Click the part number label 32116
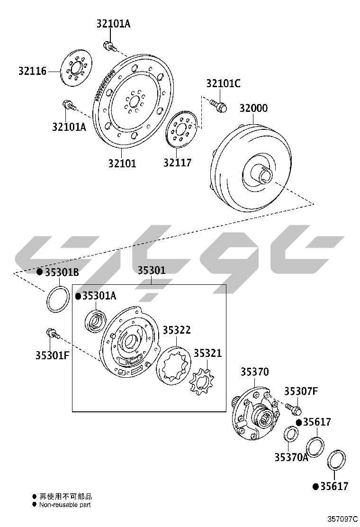click(32, 71)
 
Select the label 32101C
click(223, 83)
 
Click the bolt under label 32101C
click(219, 105)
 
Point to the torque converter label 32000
click(253, 108)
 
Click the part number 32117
click(178, 163)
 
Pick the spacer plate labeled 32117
click(182, 128)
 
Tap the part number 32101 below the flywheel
click(122, 164)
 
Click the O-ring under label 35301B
click(58, 299)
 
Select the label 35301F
click(53, 355)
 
